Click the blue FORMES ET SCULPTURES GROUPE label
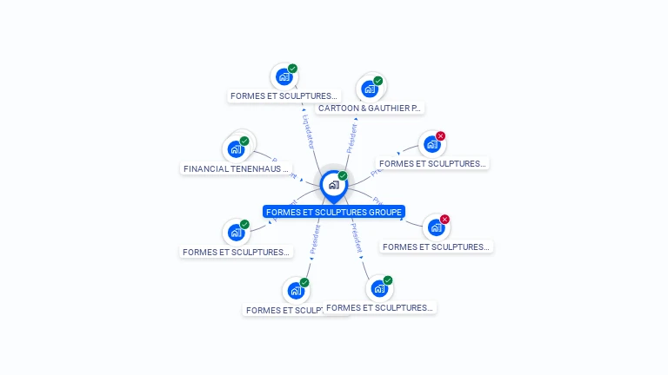(334, 212)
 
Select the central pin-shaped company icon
(333, 185)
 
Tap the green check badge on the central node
(343, 175)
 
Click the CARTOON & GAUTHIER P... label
(370, 109)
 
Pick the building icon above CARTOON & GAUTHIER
(370, 89)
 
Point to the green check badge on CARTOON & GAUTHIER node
(378, 81)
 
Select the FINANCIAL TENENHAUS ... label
(237, 168)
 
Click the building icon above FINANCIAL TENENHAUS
(236, 149)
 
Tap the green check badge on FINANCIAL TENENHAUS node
(244, 141)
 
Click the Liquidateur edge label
(308, 131)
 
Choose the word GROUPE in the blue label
(384, 212)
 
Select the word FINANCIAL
(206, 168)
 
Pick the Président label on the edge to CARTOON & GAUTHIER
(351, 138)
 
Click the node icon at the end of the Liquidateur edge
(284, 76)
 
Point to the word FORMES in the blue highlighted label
(283, 212)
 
